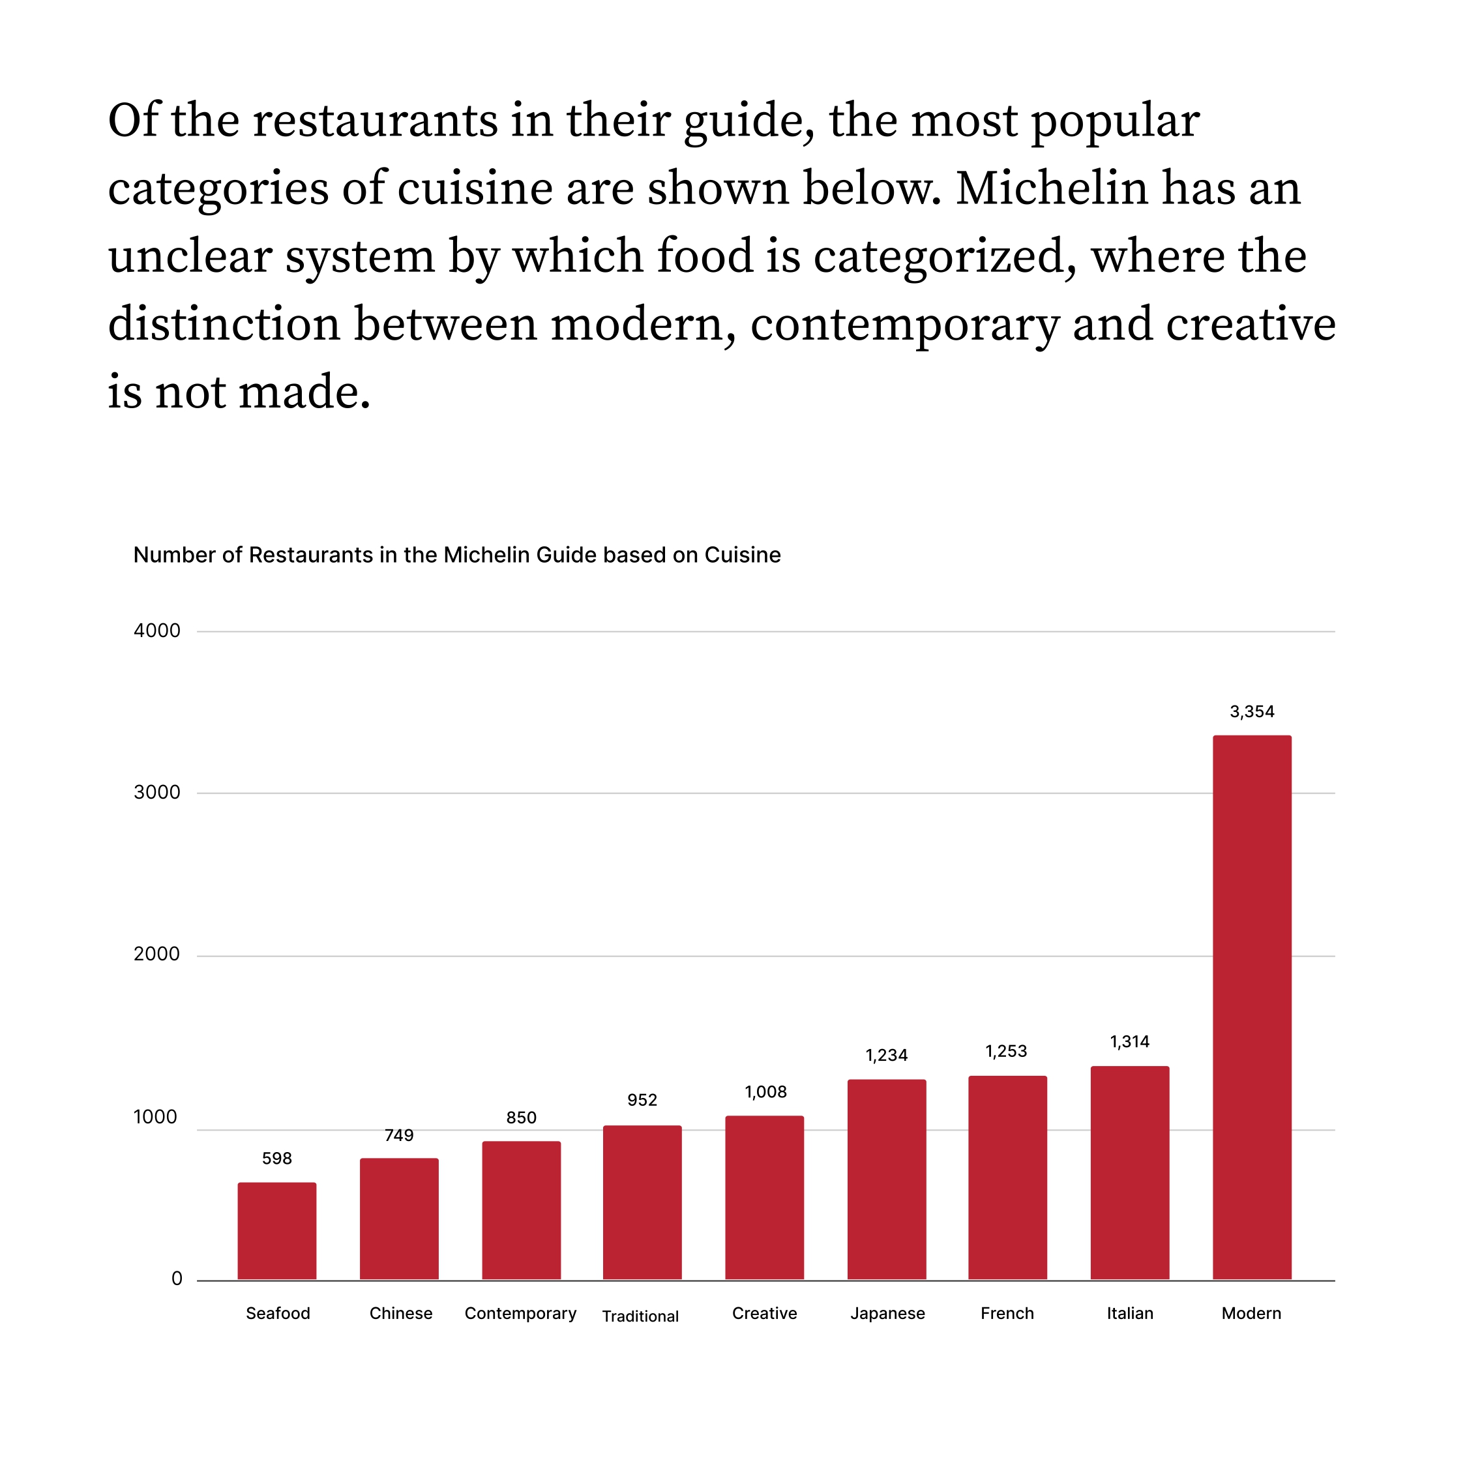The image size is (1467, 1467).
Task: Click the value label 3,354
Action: click(1251, 711)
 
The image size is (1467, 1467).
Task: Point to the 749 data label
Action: click(398, 1135)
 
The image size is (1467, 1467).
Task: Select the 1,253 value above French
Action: click(1006, 1051)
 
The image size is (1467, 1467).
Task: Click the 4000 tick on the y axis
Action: click(157, 630)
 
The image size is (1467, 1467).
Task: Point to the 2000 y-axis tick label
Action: click(157, 954)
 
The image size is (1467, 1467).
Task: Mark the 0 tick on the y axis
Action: click(177, 1279)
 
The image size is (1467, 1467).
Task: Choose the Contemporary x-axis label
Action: click(520, 1313)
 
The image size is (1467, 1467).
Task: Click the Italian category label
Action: click(1129, 1313)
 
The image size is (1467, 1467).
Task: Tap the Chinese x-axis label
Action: click(400, 1313)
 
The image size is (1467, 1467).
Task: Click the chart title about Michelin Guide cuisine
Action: click(456, 555)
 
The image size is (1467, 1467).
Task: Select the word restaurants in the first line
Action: click(374, 121)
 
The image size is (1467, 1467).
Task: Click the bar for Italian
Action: click(1129, 1172)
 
